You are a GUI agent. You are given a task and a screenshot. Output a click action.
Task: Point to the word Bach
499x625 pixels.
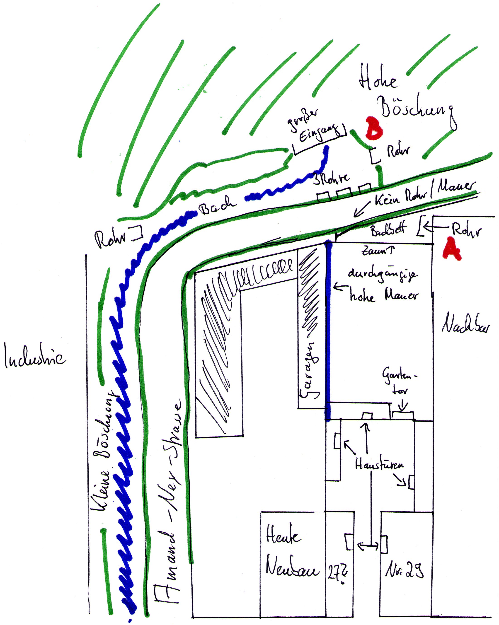click(x=217, y=205)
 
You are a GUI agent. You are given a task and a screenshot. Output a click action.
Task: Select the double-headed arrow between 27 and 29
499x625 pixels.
click(x=368, y=546)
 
